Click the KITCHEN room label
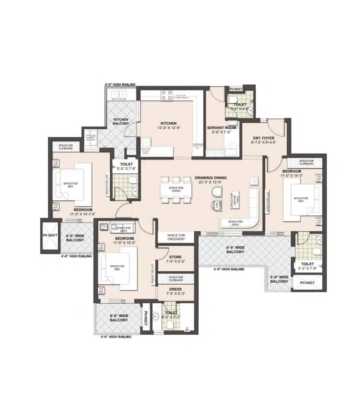168,123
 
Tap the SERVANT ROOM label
221,128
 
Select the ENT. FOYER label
264,138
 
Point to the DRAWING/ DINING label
211,178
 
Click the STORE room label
175,257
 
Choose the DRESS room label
175,289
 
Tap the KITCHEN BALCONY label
121,122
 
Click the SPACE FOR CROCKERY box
176,237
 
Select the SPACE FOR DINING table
176,189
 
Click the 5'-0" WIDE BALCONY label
279,279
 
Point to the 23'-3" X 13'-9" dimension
211,182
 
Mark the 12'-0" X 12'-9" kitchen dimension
168,128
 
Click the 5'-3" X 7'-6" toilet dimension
308,269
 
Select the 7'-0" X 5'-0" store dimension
175,261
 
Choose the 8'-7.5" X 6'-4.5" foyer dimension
264,143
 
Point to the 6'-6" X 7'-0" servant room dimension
221,132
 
